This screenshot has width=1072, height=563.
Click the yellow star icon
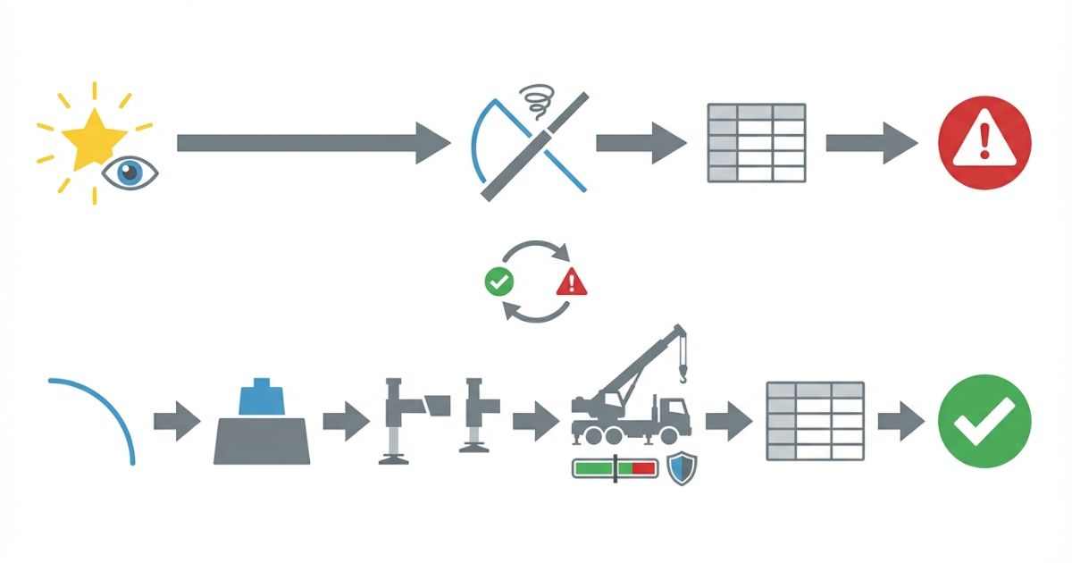coord(95,141)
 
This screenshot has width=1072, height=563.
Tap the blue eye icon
coord(130,173)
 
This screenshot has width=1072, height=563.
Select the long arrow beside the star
coord(313,143)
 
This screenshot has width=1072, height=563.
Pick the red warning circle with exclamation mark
coord(984,143)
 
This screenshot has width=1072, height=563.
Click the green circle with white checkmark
coord(984,421)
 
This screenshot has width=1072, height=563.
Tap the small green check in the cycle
coord(498,283)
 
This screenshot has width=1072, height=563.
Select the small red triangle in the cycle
coord(572,283)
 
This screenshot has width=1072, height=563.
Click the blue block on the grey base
coord(261,398)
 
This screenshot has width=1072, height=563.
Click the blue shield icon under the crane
coord(682,468)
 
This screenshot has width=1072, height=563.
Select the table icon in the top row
coord(756,143)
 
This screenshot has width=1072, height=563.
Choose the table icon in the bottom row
coord(815,421)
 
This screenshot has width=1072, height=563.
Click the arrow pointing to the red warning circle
coord(871,143)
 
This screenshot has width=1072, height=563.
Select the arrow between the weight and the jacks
coord(346,421)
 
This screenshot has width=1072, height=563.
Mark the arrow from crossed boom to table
coord(641,143)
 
